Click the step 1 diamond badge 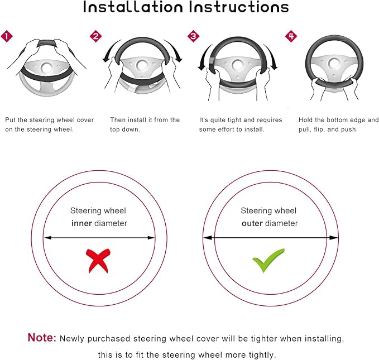pos(7,36)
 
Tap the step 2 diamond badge pos(95,36)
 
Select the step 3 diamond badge pos(193,36)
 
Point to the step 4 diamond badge pos(291,36)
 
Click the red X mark pos(98,261)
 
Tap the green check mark pos(268,261)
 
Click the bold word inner pos(81,223)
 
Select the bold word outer pos(252,223)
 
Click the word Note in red pos(42,337)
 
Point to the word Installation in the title pos(133,7)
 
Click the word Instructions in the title pos(239,7)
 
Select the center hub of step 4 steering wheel pos(334,64)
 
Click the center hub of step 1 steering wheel pos(46,68)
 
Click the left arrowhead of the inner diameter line pos(47,238)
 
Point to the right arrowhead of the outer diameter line pos(334,238)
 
